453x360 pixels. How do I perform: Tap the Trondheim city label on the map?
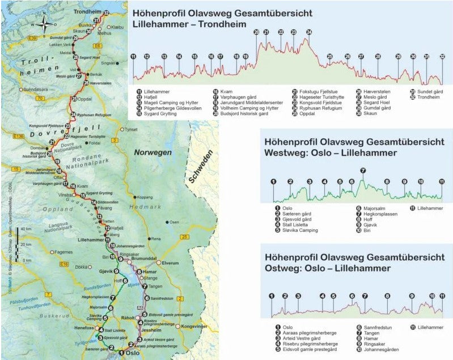coord(84,11)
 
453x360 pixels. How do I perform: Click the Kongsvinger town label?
coord(194,327)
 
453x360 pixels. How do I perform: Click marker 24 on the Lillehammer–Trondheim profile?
coord(308,32)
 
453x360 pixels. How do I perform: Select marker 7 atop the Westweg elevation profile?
coord(363,170)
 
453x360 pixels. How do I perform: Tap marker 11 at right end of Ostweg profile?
coord(442,295)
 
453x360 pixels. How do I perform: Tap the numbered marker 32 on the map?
coord(105,12)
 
